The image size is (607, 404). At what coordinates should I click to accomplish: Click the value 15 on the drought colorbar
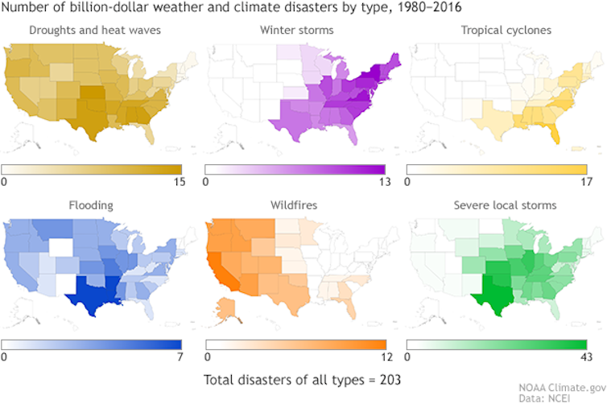(180, 182)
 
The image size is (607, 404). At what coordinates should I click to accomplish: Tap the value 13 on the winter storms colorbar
(383, 182)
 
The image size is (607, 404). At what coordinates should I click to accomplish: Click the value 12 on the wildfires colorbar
(383, 357)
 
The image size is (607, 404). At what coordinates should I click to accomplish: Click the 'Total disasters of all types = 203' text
(301, 379)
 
